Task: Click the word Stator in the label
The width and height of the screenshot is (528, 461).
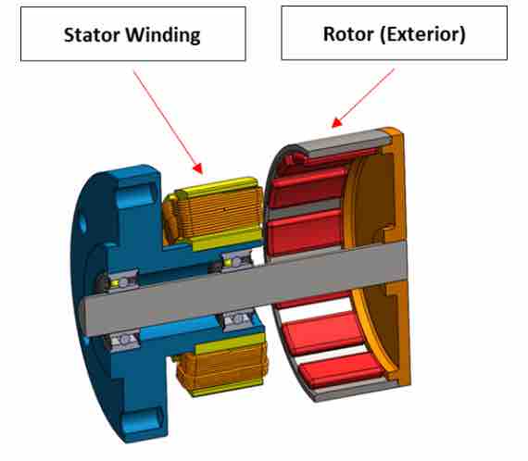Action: (x=92, y=35)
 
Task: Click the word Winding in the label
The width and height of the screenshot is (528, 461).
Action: (x=163, y=36)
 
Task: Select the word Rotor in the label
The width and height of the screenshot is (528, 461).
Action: (x=348, y=34)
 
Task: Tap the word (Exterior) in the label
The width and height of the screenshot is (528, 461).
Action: (x=423, y=34)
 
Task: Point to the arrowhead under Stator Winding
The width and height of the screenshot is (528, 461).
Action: (x=198, y=168)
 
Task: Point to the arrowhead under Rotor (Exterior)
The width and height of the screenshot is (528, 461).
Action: (x=336, y=122)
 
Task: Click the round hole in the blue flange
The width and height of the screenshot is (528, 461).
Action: (x=82, y=225)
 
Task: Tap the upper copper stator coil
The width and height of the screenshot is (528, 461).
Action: (x=219, y=212)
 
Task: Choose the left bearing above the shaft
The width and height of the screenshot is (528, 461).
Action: (x=121, y=281)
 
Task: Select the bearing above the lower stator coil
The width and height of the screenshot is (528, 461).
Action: (x=238, y=319)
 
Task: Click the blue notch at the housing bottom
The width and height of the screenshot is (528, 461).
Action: (x=143, y=420)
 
